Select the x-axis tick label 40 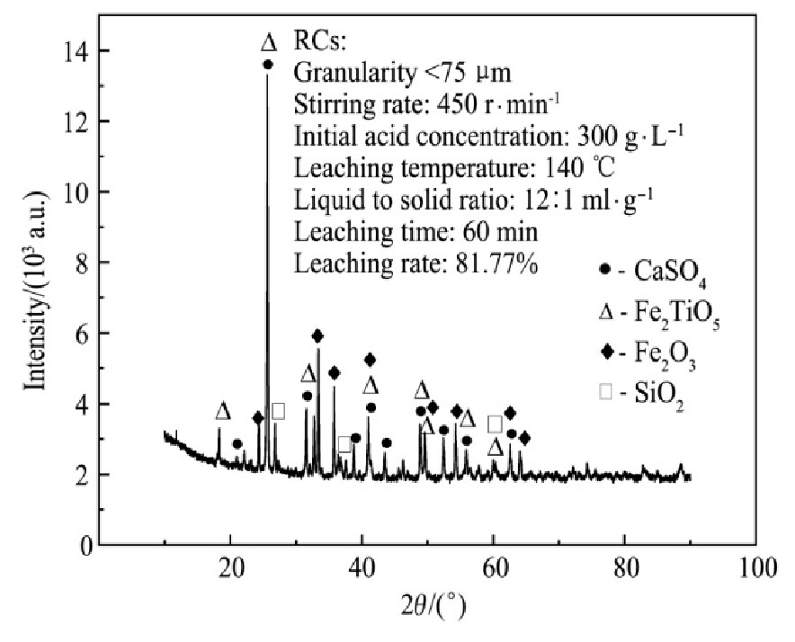(x=362, y=568)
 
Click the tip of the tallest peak (x=267, y=77)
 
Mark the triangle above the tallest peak (x=268, y=42)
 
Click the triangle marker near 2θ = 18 (x=223, y=412)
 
